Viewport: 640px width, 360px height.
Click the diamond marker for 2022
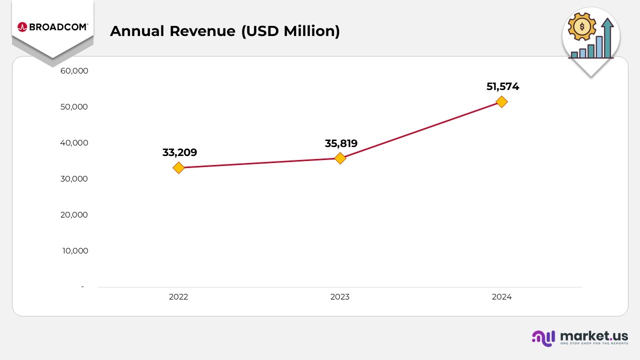(178, 168)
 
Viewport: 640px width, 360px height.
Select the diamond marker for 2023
(340, 158)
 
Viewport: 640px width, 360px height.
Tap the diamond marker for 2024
(501, 101)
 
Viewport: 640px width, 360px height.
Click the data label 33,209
(179, 152)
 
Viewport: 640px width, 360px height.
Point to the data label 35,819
(341, 143)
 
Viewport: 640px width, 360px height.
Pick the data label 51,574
(502, 86)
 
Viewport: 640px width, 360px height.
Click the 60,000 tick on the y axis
(74, 71)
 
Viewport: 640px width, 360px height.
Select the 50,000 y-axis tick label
(74, 107)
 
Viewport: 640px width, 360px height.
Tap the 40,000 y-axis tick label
(74, 143)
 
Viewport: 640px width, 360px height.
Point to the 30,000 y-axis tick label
(74, 179)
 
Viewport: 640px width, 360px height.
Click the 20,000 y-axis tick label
(74, 215)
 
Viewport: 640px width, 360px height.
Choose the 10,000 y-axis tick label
(75, 251)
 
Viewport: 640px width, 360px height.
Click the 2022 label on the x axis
(178, 297)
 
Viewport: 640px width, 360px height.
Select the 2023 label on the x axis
(340, 297)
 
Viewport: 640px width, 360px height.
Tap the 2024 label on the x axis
(501, 297)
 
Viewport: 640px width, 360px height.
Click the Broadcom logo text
(58, 27)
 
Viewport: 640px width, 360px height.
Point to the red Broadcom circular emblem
(22, 27)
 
